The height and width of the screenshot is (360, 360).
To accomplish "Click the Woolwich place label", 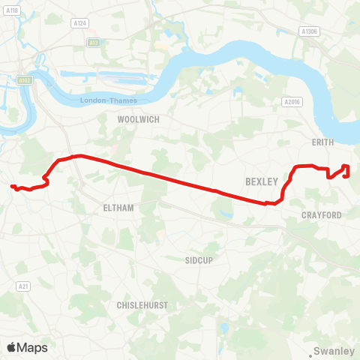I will coord(139,119).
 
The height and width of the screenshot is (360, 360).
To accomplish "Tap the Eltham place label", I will coord(118,207).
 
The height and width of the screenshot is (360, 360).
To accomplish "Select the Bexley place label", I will coord(262,181).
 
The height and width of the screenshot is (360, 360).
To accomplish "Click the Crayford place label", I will coord(321,215).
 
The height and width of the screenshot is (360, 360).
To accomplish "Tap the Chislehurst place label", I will coord(142,305).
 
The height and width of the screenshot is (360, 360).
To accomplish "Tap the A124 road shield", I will coord(79,24).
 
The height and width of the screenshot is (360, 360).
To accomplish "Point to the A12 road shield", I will coord(93,43).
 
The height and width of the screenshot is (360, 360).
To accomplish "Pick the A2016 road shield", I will coord(292,101).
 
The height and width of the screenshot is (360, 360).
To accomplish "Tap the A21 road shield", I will coord(22,286).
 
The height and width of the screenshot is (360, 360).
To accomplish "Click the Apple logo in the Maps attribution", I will coord(11,347).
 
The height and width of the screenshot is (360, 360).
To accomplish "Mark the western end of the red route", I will coord(12,186).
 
